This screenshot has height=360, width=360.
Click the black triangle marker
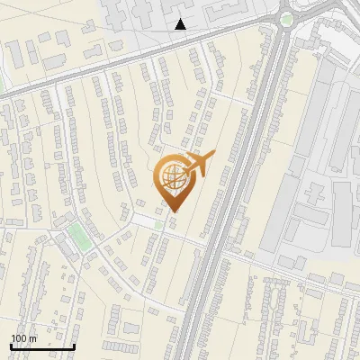coord(181,24)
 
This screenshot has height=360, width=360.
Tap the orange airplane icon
coord(199,164)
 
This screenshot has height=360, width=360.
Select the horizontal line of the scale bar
coord(42,346)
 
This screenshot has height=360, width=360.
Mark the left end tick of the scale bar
coord(11,346)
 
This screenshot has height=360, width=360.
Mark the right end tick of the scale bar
coord(74,346)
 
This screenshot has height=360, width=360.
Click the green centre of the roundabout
coord(286,19)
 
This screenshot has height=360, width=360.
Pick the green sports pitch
coord(78,238)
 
